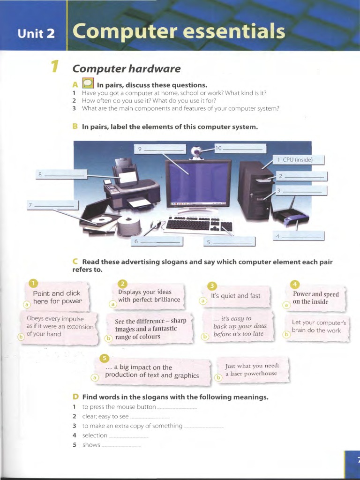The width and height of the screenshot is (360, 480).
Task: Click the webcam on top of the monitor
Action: click(x=196, y=152)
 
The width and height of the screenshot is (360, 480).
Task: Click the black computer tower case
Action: click(x=255, y=190)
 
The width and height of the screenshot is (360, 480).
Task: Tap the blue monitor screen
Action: click(x=199, y=182)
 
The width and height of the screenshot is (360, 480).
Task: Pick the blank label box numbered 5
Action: click(x=230, y=242)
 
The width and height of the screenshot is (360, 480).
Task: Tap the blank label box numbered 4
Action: click(x=299, y=236)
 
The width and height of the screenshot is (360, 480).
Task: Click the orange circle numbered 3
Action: click(x=212, y=286)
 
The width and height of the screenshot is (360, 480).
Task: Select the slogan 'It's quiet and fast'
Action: click(x=236, y=296)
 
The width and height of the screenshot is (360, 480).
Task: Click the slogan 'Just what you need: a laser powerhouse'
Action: click(x=252, y=370)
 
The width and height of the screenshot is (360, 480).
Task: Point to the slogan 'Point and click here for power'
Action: click(x=57, y=297)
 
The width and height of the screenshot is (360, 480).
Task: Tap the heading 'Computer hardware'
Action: click(x=126, y=69)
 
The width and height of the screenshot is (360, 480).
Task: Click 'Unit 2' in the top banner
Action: click(x=36, y=33)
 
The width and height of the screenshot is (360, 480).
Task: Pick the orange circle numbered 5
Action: click(x=105, y=359)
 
